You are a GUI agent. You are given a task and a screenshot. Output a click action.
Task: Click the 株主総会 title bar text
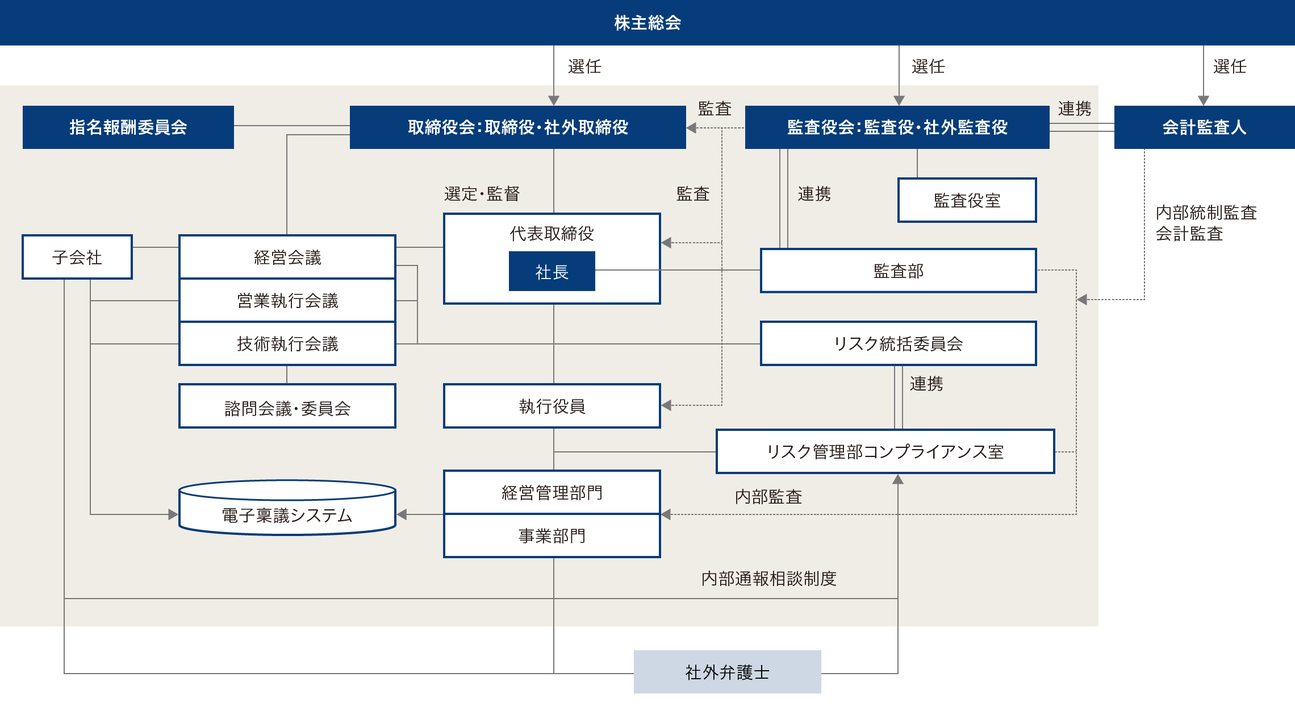(647, 23)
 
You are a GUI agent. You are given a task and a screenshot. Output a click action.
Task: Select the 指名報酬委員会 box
(128, 127)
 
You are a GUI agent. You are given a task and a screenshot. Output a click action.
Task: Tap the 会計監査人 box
(1204, 127)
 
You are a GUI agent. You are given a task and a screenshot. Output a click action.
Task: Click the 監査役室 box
(967, 200)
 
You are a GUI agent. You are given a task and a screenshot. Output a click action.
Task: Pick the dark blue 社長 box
(552, 272)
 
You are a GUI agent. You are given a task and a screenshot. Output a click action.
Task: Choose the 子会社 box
(77, 257)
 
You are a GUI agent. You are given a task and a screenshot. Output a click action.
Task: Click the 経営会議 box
(287, 257)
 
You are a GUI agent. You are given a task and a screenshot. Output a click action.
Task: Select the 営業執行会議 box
(287, 300)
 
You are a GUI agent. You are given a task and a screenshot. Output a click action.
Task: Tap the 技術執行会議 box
(287, 343)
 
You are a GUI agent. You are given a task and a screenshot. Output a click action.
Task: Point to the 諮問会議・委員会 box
(287, 407)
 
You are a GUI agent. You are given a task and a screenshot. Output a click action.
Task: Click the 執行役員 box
(552, 406)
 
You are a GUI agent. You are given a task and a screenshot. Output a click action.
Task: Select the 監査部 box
(898, 271)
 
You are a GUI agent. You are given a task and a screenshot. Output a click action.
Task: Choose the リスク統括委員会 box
(898, 343)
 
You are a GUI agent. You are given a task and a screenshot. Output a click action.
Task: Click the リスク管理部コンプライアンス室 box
(885, 451)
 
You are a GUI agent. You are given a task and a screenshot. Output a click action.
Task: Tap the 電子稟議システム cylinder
(287, 514)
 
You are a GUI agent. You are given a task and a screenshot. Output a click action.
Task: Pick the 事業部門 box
(552, 535)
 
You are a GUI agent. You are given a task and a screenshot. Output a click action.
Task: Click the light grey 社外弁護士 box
(727, 672)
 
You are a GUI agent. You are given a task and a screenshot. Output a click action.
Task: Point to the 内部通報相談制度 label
(768, 579)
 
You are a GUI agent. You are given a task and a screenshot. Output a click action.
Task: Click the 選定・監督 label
(482, 194)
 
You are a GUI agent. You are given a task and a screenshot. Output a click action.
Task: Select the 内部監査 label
(768, 497)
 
